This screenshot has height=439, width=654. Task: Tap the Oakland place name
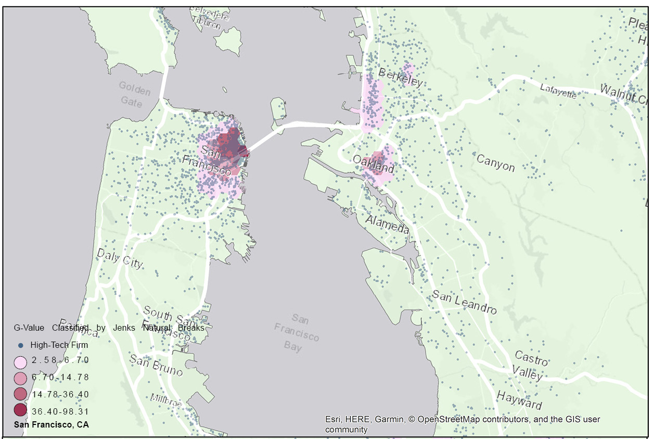pos(373,164)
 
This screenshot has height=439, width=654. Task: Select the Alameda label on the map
pos(387,224)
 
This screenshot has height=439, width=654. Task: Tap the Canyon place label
pos(495,162)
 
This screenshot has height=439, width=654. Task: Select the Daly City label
pos(120,258)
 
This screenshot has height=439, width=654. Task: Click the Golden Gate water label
pos(134,94)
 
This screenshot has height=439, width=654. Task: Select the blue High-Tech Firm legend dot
pos(21,345)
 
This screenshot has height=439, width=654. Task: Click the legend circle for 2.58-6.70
pos(20,361)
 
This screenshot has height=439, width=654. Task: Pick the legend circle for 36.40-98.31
pos(20,410)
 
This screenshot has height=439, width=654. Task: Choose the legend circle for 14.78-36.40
pos(20,394)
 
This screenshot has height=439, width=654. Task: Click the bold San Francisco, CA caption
pos(52,424)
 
